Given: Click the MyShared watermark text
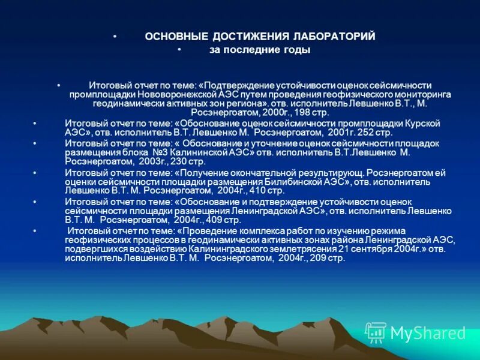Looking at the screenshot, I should [428, 333].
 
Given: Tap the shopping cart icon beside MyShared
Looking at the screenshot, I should [376, 332].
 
